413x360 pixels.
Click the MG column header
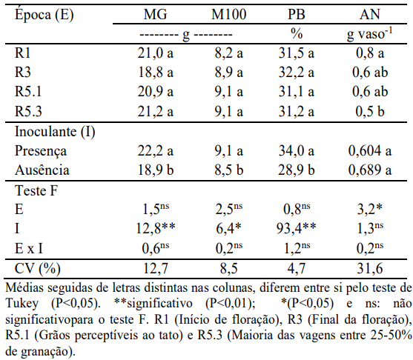[x=155, y=14]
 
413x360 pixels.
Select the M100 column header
[x=228, y=14]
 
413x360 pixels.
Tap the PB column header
[x=296, y=14]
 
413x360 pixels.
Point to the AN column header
[x=370, y=14]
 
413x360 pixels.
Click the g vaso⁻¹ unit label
[x=369, y=34]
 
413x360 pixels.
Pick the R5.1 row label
[x=28, y=92]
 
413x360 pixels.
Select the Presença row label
[x=41, y=151]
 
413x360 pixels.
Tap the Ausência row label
[x=42, y=170]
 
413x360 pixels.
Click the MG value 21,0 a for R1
[x=156, y=53]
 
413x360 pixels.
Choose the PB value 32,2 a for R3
[x=297, y=73]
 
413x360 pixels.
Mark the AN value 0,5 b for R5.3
[x=370, y=111]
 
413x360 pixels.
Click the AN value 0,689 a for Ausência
[x=370, y=170]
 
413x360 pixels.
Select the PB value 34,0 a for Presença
[x=297, y=151]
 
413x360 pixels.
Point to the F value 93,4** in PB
[x=296, y=228]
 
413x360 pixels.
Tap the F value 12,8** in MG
[x=156, y=228]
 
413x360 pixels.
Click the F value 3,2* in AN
[x=369, y=209]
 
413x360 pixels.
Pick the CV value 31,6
[x=370, y=269]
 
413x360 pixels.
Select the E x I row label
[x=28, y=248]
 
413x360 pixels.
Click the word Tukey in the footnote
[x=22, y=304]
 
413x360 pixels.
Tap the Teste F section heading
[x=36, y=190]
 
